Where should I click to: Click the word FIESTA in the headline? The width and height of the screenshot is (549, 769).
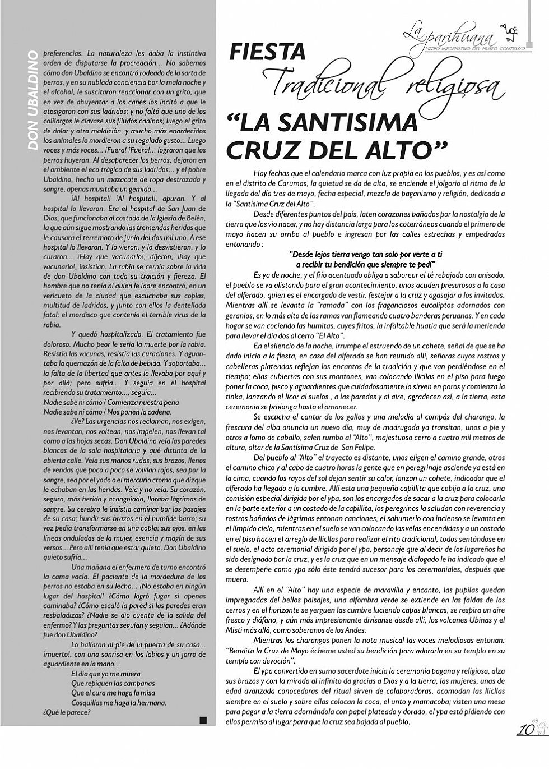pyautogui.click(x=268, y=52)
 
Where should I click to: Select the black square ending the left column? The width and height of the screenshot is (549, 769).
pyautogui.click(x=203, y=720)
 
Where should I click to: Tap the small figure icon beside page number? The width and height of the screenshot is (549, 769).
pyautogui.click(x=540, y=727)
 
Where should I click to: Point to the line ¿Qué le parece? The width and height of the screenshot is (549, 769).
pyautogui.click(x=67, y=713)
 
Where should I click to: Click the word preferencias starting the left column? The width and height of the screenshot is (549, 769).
pyautogui.click(x=63, y=53)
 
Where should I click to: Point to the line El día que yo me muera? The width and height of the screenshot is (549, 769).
pyautogui.click(x=106, y=674)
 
